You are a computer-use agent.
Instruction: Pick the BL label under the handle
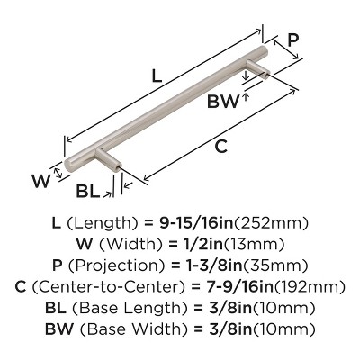(88, 191)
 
